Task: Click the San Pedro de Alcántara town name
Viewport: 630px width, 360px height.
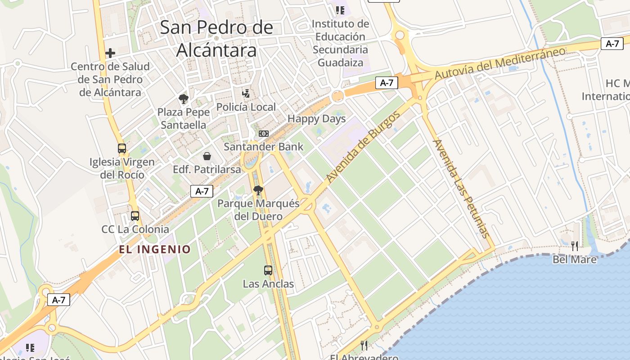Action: pyautogui.click(x=216, y=39)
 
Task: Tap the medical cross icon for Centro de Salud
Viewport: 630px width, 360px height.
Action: pyautogui.click(x=110, y=53)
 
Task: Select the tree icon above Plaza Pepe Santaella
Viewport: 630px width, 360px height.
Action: pyautogui.click(x=183, y=99)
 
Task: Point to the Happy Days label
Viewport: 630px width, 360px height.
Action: pyautogui.click(x=316, y=119)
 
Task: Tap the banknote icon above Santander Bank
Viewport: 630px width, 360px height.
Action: pyautogui.click(x=264, y=134)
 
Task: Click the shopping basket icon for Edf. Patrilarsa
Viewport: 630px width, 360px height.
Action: pyautogui.click(x=207, y=156)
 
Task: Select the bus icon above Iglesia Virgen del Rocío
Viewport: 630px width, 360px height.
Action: pyautogui.click(x=121, y=148)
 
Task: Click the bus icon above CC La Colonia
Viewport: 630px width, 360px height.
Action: pyautogui.click(x=135, y=216)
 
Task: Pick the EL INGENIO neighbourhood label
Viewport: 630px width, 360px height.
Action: pyautogui.click(x=155, y=249)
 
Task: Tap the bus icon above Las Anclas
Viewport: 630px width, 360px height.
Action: pyautogui.click(x=268, y=270)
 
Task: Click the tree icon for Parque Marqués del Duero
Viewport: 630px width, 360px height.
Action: pyautogui.click(x=258, y=190)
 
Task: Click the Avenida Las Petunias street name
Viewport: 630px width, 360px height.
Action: pyautogui.click(x=460, y=188)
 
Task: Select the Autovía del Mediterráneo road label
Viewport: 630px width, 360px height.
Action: pyautogui.click(x=499, y=63)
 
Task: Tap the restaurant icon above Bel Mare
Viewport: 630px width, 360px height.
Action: pyautogui.click(x=575, y=246)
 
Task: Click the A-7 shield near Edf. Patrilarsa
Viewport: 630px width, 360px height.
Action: pyautogui.click(x=202, y=191)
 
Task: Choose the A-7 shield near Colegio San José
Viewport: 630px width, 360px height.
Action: pyautogui.click(x=58, y=300)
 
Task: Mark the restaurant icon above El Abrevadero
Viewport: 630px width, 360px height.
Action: pyautogui.click(x=364, y=345)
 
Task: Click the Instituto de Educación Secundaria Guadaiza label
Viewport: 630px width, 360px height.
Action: pyautogui.click(x=340, y=43)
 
